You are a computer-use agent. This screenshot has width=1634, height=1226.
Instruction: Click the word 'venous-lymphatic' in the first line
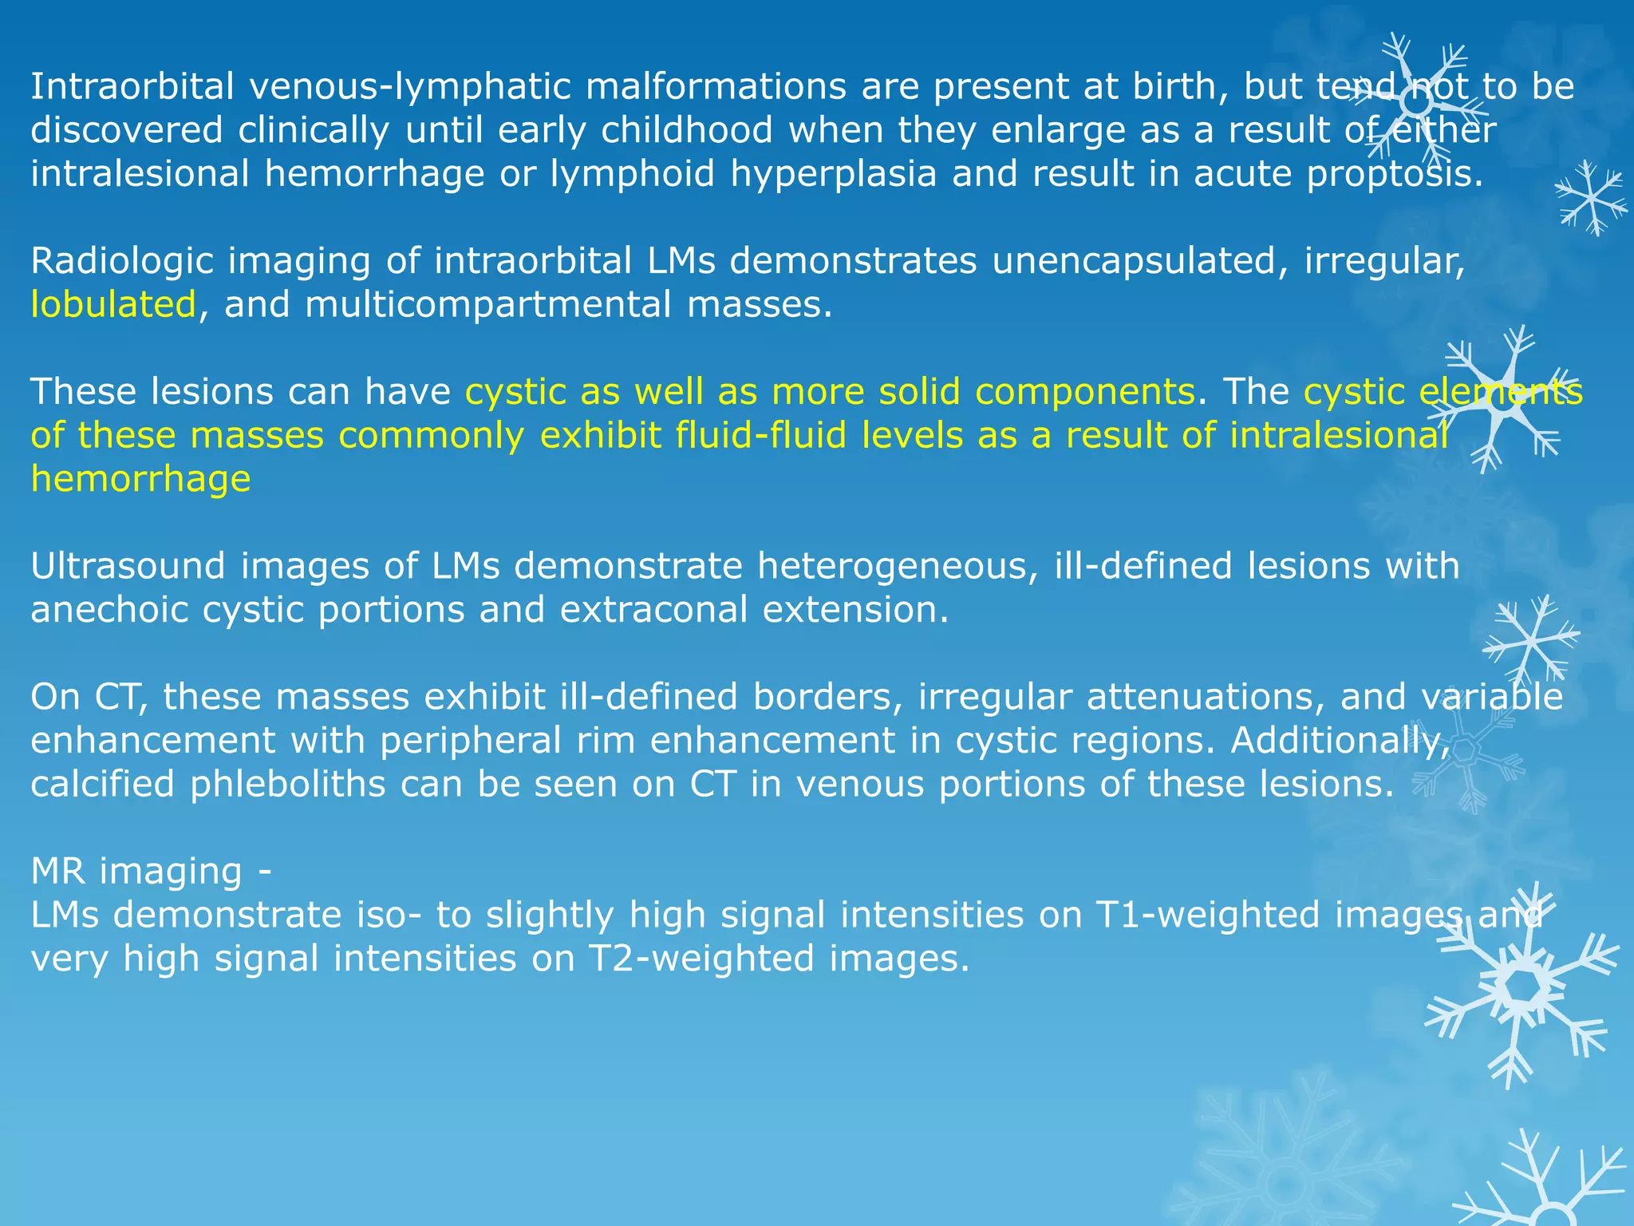[409, 87]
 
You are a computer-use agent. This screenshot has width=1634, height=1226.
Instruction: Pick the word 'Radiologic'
[121, 261]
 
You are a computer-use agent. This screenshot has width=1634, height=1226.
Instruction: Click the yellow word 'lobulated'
[113, 305]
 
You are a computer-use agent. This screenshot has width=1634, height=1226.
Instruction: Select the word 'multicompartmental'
[487, 305]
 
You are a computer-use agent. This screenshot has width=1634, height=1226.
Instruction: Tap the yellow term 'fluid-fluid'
[760, 436]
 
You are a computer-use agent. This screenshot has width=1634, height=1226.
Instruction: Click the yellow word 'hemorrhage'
[140, 479]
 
